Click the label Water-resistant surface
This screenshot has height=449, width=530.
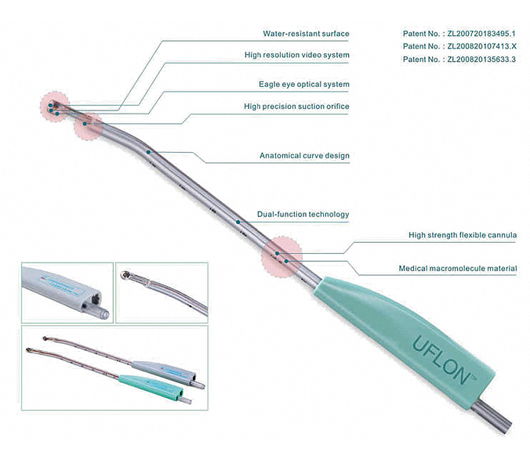click(306, 34)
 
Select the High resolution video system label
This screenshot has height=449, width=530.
click(297, 55)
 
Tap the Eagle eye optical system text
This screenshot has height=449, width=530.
click(304, 84)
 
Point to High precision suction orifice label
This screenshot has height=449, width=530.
click(296, 106)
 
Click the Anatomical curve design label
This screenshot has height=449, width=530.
click(304, 155)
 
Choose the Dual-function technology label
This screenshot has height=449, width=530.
click(303, 214)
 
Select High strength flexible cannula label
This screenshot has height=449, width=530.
click(463, 235)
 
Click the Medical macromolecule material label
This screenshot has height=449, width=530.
click(458, 268)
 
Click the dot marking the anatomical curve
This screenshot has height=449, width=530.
click(148, 152)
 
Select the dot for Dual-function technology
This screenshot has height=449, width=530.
click(238, 222)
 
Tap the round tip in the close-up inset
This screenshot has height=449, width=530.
click(125, 275)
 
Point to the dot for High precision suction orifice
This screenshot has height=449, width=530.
click(85, 124)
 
